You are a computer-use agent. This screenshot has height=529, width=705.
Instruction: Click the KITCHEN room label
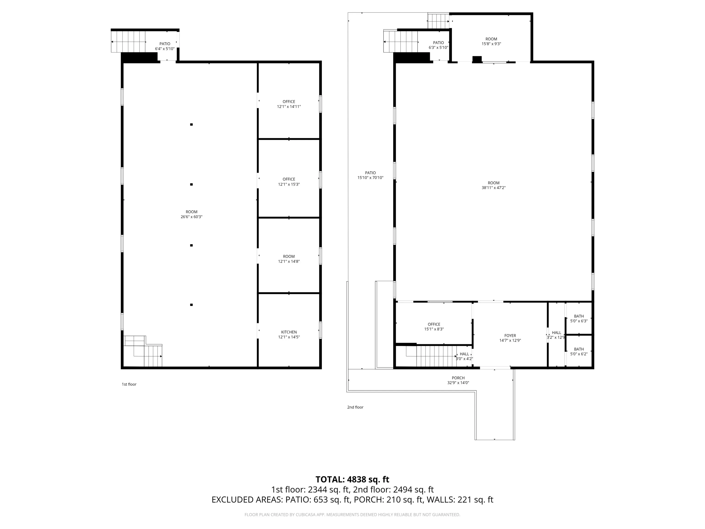tap(289, 332)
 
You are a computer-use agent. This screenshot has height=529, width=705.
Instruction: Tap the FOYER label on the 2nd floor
tap(510, 335)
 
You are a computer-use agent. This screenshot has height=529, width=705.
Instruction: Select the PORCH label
tap(458, 378)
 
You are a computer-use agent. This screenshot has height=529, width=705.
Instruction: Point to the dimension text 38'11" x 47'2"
tap(493, 188)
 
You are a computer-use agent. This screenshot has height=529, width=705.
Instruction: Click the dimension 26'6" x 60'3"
tap(192, 217)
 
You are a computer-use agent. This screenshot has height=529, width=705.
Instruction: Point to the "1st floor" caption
tap(129, 384)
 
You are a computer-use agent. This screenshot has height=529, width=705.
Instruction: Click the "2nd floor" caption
tap(355, 407)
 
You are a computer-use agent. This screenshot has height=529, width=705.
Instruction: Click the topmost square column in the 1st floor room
tap(191, 124)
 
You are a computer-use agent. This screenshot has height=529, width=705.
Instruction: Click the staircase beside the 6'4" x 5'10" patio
tap(128, 42)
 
